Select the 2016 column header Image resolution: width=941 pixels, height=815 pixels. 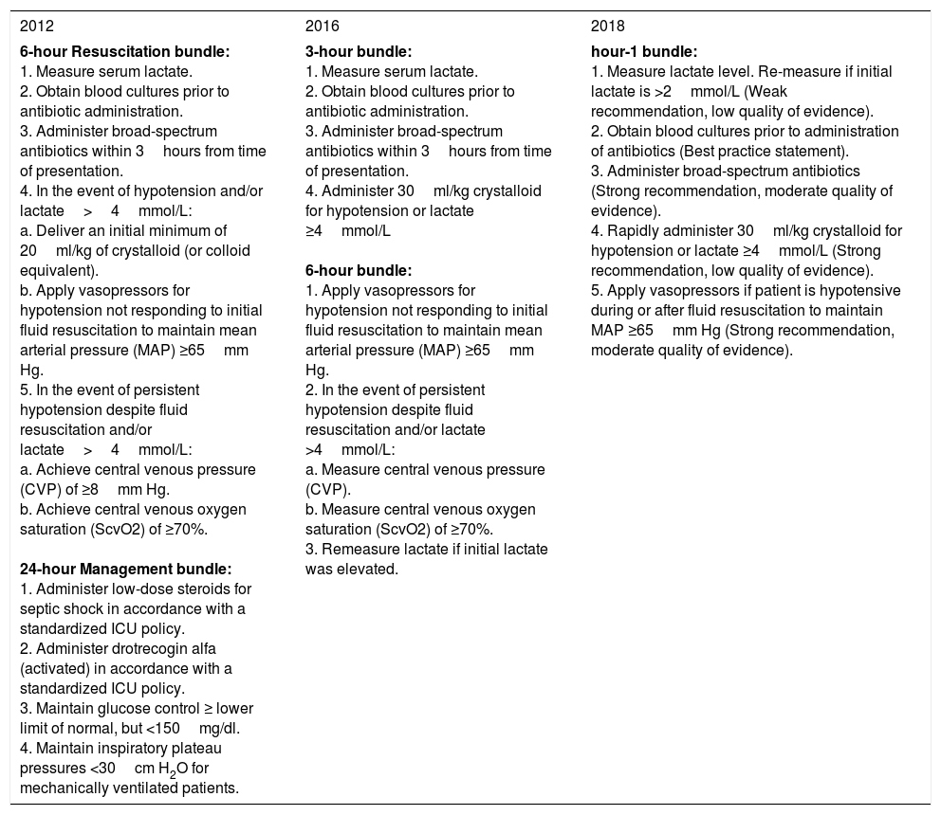pyautogui.click(x=322, y=26)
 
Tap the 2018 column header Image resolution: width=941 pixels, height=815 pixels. pyautogui.click(x=607, y=26)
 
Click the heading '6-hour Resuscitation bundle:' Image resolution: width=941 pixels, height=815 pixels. pyautogui.click(x=124, y=51)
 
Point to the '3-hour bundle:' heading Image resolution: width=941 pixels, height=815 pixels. pyautogui.click(x=359, y=51)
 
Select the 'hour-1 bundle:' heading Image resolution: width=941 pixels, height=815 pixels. pyautogui.click(x=643, y=51)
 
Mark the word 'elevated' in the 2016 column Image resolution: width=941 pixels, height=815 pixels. pyautogui.click(x=371, y=569)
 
